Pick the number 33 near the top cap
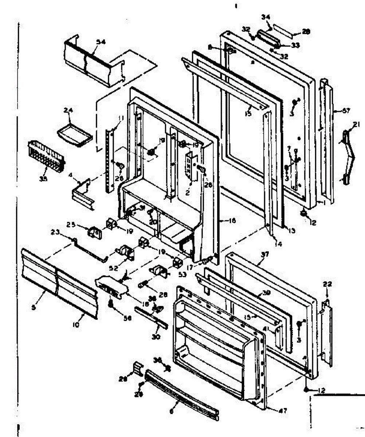[295, 45]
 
